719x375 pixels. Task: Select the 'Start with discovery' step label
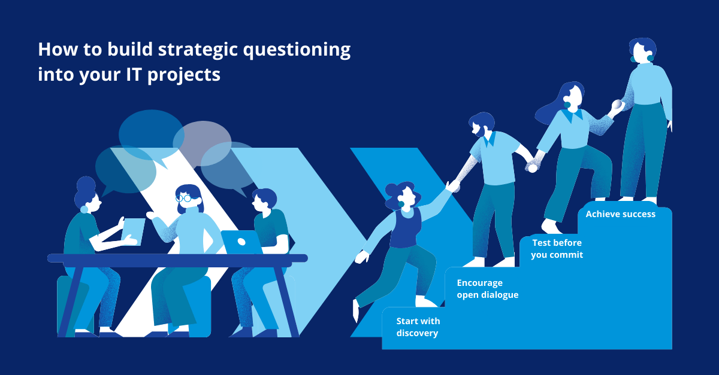pos(418,327)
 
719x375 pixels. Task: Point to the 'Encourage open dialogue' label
pos(487,288)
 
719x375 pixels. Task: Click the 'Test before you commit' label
pos(557,249)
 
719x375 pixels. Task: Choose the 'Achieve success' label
pos(620,214)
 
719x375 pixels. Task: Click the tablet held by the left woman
pos(133,231)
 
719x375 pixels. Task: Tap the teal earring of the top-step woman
pos(634,59)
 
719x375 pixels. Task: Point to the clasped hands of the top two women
pos(616,108)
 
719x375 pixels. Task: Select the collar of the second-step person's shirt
pos(490,140)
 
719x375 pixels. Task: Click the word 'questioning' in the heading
pos(295,50)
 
